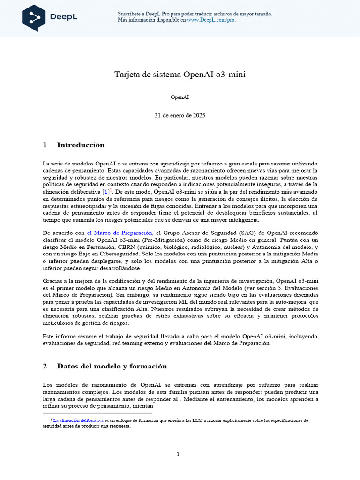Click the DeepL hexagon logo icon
[x=34, y=18]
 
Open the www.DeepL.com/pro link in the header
[x=211, y=20]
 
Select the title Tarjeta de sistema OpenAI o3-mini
[x=180, y=75]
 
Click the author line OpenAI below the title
[x=180, y=97]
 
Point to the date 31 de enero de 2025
[x=180, y=115]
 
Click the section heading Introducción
[x=81, y=145]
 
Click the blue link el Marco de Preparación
[x=120, y=232]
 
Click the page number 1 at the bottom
[x=178, y=454]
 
